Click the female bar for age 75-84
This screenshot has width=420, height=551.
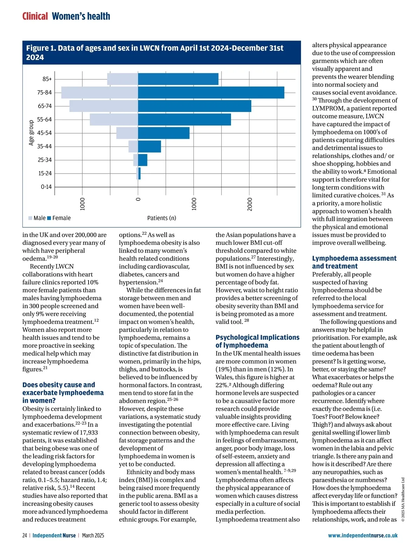pos(211,92)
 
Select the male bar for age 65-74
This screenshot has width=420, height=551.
pos(104,106)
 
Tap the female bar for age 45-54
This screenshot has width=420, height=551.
pos(164,133)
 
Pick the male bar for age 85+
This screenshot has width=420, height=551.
pos(122,79)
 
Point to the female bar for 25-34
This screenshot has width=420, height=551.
pos(143,160)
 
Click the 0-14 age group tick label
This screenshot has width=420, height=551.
pos(46,187)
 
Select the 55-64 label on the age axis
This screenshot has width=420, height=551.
pos(44,119)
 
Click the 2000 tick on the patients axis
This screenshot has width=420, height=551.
pos(250,204)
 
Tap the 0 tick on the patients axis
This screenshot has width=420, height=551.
pos(138,199)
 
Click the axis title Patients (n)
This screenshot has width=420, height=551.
pos(162,218)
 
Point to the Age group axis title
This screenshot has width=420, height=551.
pos(31,133)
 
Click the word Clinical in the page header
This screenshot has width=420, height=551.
pos(35,16)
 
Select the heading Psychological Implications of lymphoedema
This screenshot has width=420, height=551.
pos(257,341)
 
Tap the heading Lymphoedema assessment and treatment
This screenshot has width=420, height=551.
pos(354,262)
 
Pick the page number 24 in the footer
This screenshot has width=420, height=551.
pos(24,535)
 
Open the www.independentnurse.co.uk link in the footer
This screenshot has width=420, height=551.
pos(363,535)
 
